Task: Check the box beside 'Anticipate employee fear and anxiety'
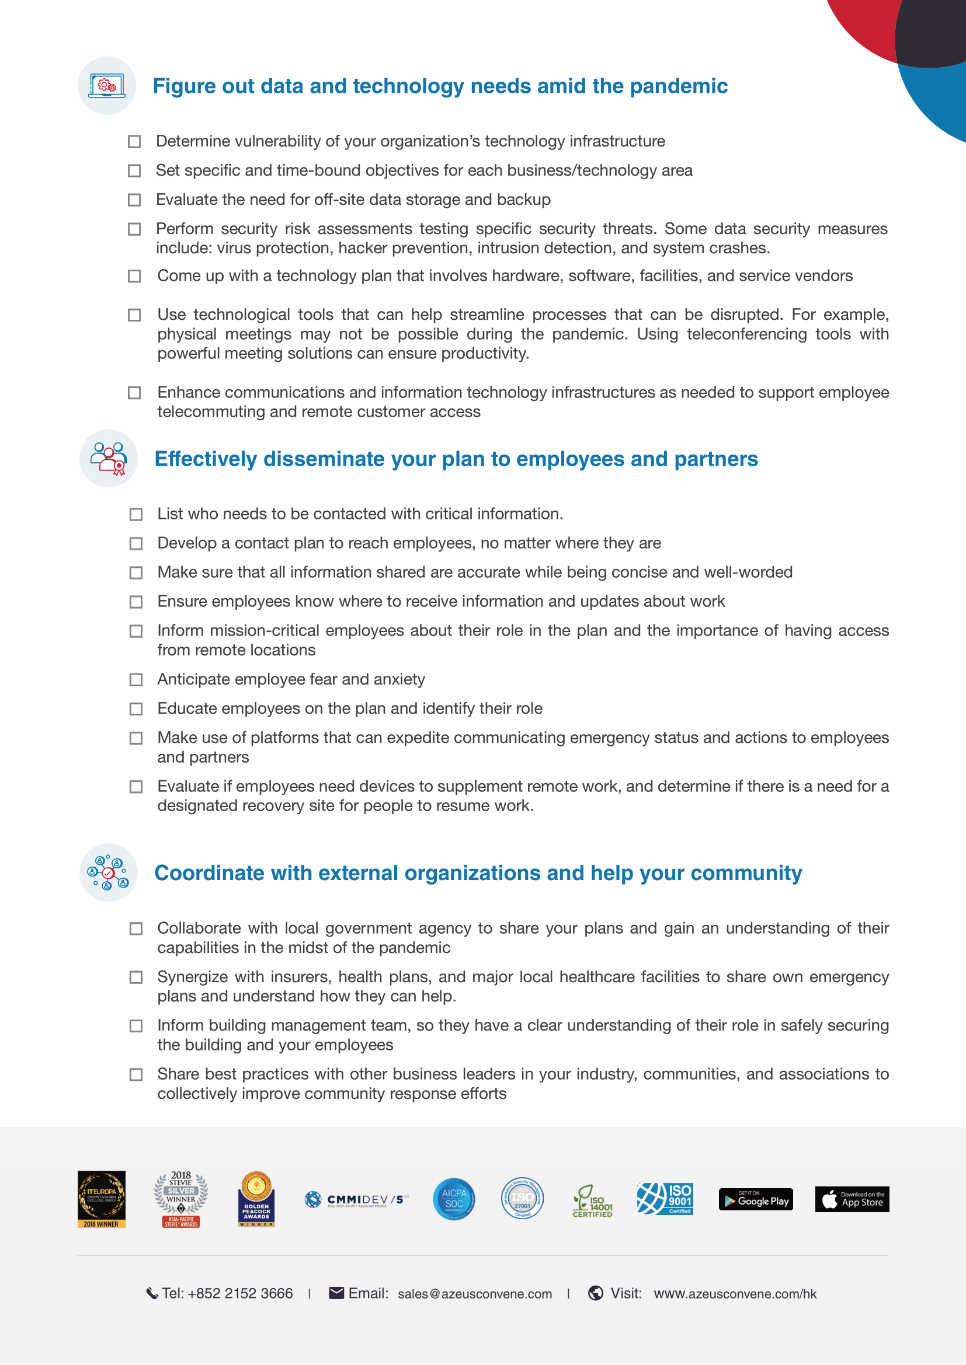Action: coord(136,679)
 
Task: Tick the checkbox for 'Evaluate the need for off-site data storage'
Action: coord(134,200)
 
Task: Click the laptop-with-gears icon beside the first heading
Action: coord(107,86)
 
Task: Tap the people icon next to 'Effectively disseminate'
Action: coord(108,458)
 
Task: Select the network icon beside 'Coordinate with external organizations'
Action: coord(108,872)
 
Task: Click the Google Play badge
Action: coord(755,1199)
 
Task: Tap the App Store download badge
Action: coord(851,1199)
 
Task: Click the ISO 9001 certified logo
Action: coord(665,1198)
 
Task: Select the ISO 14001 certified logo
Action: coord(592,1200)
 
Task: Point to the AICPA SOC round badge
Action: coord(454,1199)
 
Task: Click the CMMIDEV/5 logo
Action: coord(356,1200)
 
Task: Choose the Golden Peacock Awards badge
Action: coord(256,1199)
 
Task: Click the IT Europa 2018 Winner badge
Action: coord(101,1199)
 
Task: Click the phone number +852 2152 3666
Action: coord(239,1293)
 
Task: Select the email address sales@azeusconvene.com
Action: coord(475,1294)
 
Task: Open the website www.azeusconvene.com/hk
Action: coord(735,1294)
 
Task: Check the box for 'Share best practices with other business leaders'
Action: coord(136,1074)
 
